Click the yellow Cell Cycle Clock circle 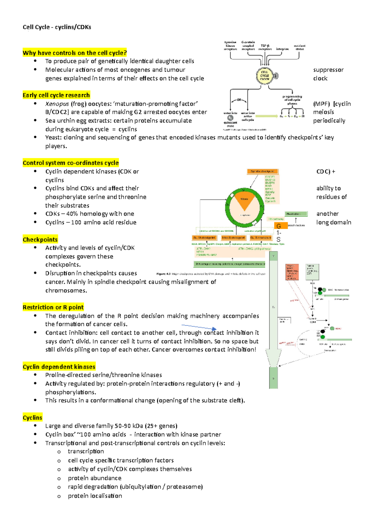265,75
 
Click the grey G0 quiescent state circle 230,118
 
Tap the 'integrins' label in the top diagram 282,49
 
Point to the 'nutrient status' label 299,47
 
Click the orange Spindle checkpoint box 262,171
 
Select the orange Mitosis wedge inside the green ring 244,202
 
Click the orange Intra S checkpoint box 233,238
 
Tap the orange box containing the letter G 281,226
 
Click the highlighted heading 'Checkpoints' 40,240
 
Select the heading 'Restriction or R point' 53,307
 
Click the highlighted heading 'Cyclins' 32,417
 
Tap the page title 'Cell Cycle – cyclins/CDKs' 57,27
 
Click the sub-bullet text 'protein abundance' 94,478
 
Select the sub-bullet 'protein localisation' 95,496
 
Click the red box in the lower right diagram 292,272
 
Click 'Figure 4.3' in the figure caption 163,274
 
